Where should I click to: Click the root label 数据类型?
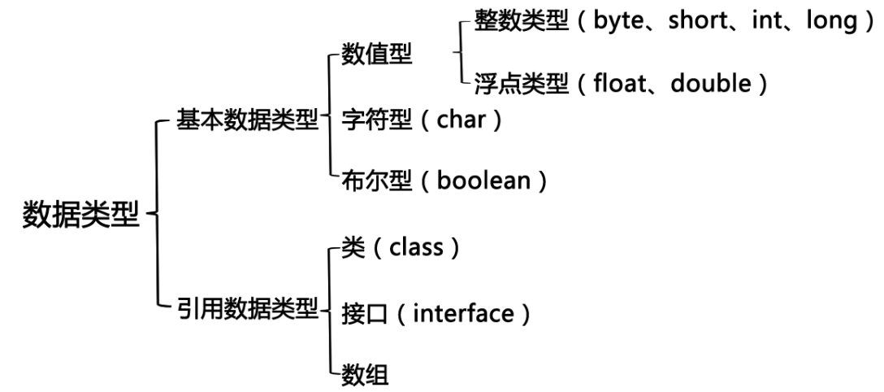click(x=81, y=216)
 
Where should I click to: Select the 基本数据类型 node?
click(x=247, y=122)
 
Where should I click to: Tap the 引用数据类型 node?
click(x=247, y=311)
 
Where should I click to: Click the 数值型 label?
click(x=377, y=56)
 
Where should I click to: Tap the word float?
click(x=618, y=84)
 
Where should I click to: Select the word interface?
click(x=463, y=313)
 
